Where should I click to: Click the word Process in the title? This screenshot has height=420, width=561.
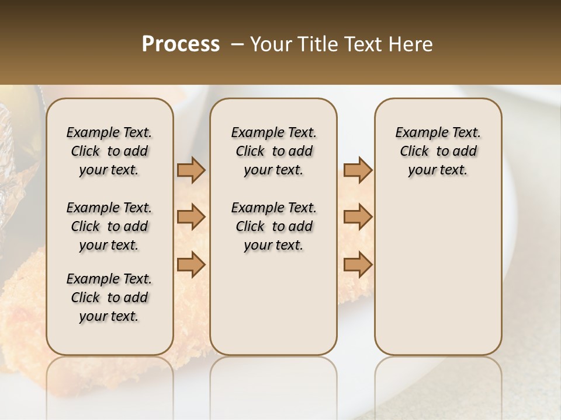coord(181,44)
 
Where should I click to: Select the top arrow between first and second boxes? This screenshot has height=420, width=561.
coord(191,170)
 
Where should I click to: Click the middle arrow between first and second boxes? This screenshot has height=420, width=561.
coord(191,217)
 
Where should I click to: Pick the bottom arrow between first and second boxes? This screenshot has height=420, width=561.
coord(191,264)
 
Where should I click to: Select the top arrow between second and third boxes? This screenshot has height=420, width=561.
coord(358,170)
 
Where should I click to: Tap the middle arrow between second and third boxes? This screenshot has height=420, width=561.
coord(358,217)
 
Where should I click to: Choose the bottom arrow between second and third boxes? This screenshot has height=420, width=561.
coord(358,264)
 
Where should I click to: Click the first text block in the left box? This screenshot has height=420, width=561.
coord(109,151)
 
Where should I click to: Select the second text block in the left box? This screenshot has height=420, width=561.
coord(109,226)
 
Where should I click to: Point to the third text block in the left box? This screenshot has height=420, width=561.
coord(109,297)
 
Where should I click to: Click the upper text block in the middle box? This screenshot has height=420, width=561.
coord(274,151)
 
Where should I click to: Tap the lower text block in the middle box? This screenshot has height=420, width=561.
coord(274,226)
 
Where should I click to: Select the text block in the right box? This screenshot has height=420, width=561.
coord(438,151)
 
